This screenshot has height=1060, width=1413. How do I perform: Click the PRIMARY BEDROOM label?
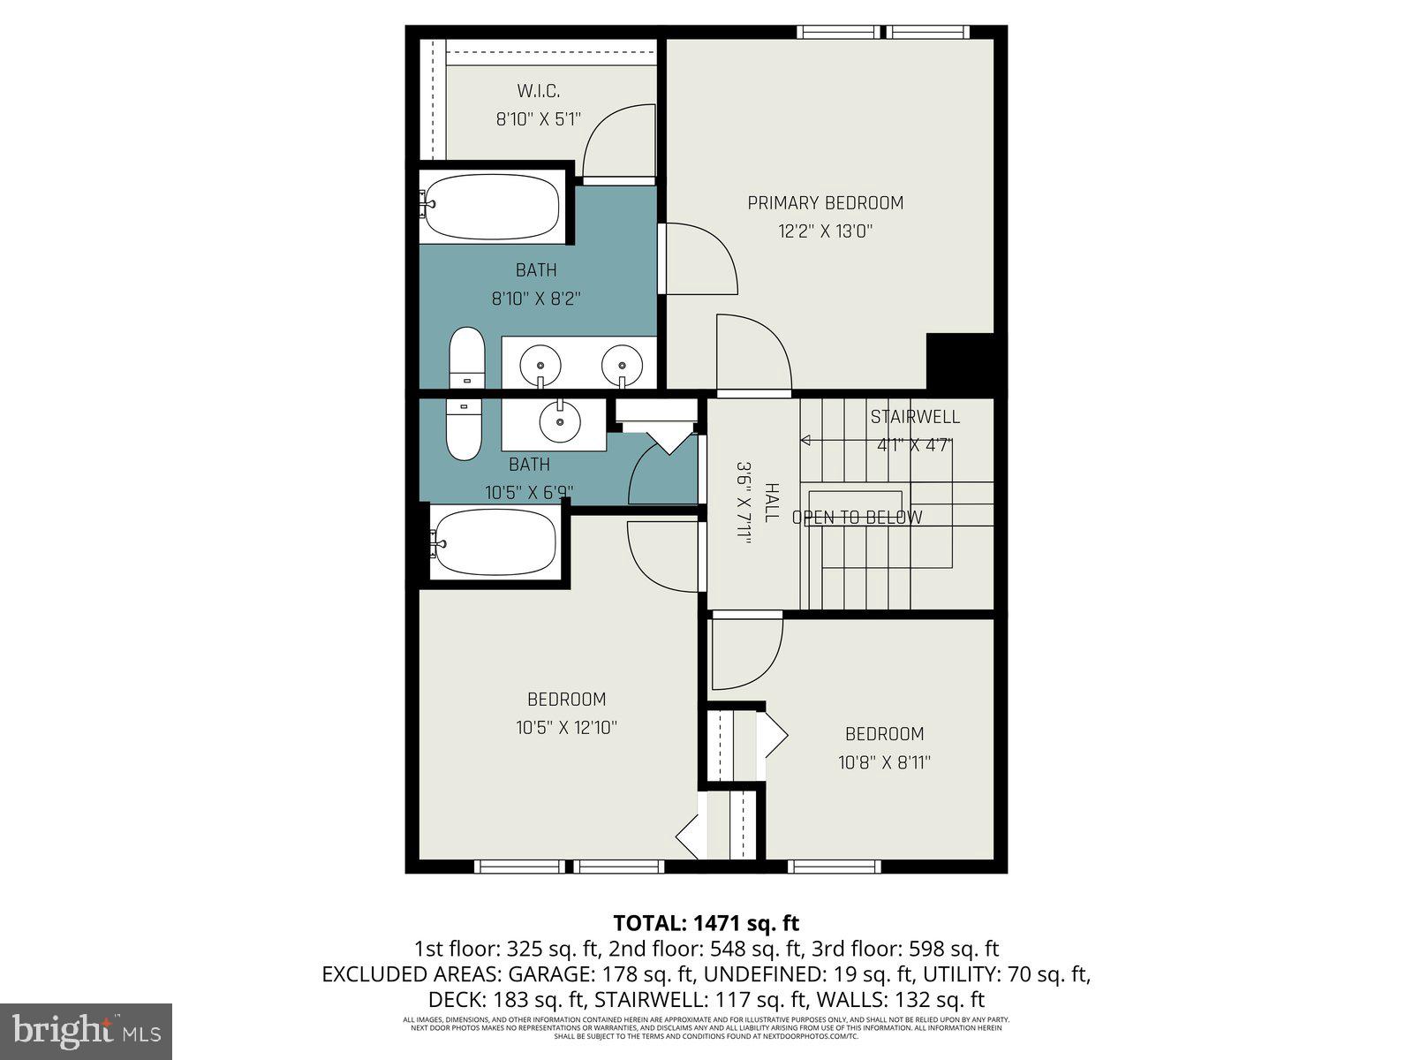click(825, 203)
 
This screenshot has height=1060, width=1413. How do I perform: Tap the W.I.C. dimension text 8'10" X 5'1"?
click(538, 119)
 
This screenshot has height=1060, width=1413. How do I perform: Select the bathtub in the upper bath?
click(491, 207)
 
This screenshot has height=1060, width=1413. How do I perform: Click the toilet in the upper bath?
click(467, 357)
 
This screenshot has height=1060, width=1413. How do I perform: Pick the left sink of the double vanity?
click(540, 363)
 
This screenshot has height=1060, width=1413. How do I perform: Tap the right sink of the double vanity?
click(622, 363)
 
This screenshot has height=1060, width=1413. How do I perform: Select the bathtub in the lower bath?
click(496, 541)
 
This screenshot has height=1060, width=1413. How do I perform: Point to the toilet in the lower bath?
click(464, 429)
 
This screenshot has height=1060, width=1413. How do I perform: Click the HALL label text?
click(770, 503)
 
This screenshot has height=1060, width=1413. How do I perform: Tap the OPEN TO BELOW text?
click(857, 518)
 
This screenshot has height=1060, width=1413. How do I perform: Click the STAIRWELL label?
click(914, 417)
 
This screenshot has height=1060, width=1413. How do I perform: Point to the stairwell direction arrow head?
click(805, 440)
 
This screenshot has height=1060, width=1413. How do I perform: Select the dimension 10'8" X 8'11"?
click(884, 762)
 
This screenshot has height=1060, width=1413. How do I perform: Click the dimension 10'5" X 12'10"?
click(566, 729)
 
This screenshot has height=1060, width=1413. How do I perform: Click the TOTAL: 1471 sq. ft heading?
click(706, 923)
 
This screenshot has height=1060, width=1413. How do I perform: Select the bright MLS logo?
click(86, 1031)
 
